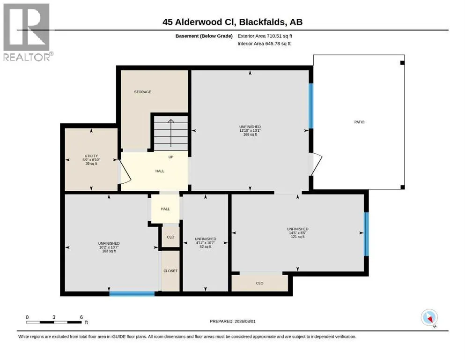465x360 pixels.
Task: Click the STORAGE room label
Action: click(143, 92)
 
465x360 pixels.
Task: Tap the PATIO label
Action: click(360, 122)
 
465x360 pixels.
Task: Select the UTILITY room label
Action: click(91, 156)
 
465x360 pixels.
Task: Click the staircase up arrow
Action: click(171, 133)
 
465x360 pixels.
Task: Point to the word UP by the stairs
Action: click(171, 157)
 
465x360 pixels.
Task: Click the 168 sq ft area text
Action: click(250, 135)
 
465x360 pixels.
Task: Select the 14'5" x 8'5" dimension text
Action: click(298, 233)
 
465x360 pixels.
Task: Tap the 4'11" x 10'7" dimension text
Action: click(205, 243)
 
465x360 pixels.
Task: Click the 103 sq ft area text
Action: click(109, 251)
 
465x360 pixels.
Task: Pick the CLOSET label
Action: click(170, 271)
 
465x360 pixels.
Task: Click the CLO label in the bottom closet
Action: click(260, 283)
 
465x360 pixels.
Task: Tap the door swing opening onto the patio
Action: click(316, 164)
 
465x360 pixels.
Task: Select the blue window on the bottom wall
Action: click(132, 294)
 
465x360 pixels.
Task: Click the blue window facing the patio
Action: click(311, 106)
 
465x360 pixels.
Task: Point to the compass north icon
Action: click(429, 318)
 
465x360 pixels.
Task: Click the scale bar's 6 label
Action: click(81, 317)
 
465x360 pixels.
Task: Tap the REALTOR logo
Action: click(27, 32)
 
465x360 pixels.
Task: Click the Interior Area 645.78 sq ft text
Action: click(264, 44)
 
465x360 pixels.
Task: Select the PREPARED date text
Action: click(232, 321)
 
